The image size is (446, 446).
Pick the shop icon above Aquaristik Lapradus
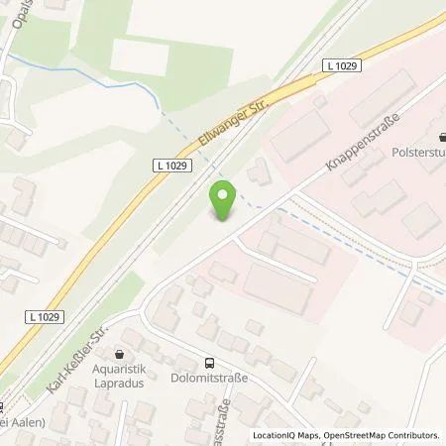(x=121, y=353)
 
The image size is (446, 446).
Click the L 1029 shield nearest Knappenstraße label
(x=340, y=64)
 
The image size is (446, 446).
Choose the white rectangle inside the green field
(x=139, y=56)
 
